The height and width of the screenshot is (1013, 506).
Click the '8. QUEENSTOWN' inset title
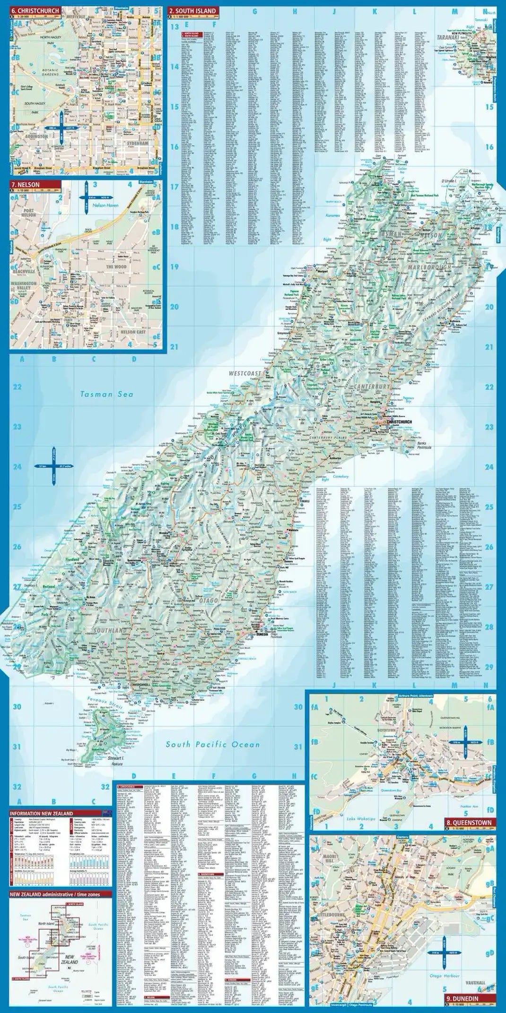[x=468, y=823]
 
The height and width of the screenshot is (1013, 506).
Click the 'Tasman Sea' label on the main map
[x=106, y=394]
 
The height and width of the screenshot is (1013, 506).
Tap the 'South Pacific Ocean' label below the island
[x=212, y=745]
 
